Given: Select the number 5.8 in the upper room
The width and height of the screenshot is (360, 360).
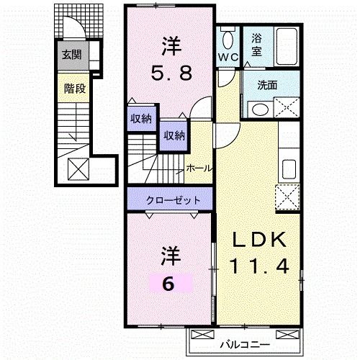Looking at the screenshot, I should tap(170, 72).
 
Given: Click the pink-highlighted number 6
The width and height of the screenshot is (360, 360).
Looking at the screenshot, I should tap(168, 283).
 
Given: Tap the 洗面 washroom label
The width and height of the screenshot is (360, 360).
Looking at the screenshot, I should tap(268, 85).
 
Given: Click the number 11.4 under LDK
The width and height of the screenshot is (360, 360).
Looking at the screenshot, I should tap(261, 266).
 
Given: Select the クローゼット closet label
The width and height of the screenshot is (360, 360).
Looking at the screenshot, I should tap(171, 199).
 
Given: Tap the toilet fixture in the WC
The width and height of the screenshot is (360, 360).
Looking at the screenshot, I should tap(228, 39).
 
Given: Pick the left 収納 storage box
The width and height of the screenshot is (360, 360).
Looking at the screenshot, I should tap(140, 120).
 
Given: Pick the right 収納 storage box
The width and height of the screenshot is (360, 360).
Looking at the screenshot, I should tap(173, 135).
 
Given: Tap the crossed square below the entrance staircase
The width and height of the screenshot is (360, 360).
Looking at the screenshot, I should tap(78, 169).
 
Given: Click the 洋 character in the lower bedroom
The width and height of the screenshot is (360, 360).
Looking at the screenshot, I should tap(168, 256).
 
